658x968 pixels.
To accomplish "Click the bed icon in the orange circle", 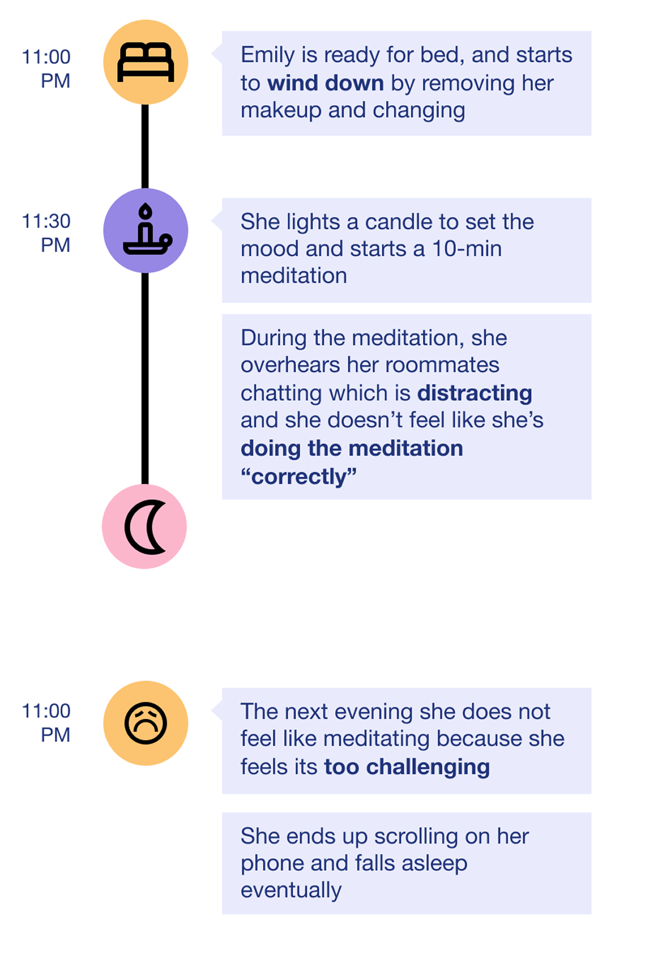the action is (146, 62).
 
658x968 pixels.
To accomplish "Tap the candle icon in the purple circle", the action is (146, 230).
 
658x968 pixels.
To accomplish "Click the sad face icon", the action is (146, 723).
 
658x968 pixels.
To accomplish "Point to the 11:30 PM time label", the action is (47, 233).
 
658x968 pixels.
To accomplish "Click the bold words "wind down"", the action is (325, 83).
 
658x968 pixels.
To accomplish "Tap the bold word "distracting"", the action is (475, 393).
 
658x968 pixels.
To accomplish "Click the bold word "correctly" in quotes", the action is (299, 477).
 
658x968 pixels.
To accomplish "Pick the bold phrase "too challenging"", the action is (407, 767).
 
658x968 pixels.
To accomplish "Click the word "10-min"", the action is (467, 249).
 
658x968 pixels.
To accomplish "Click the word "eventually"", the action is (291, 890).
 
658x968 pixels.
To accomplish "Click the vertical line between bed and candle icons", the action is (145, 146).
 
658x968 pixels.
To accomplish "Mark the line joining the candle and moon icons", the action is (145, 377).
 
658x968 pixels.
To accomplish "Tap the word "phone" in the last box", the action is (272, 864).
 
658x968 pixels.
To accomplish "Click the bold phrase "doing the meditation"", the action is (352, 449).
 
